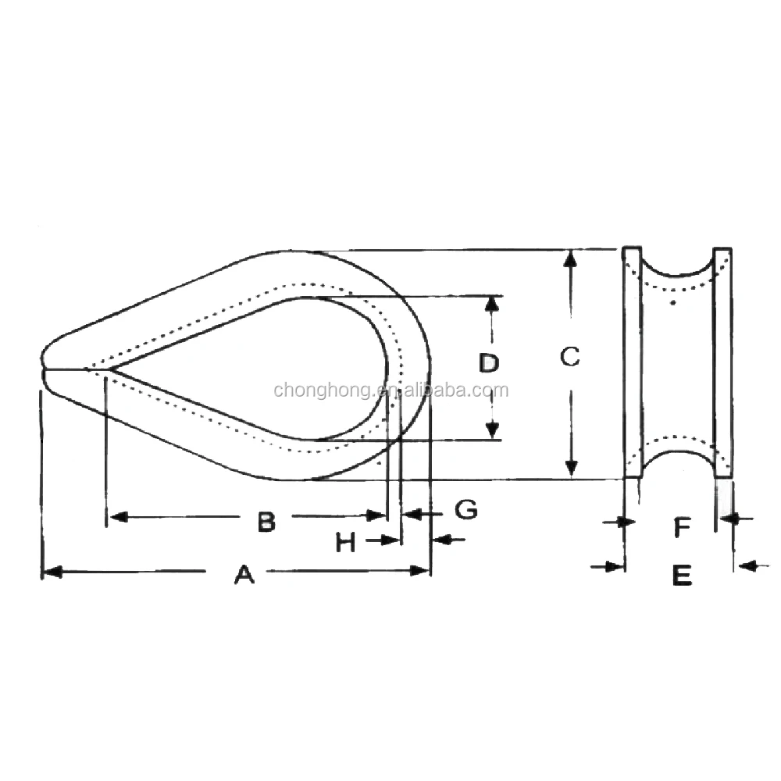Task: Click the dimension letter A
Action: click(x=244, y=576)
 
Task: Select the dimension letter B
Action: click(x=266, y=521)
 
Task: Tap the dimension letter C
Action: click(x=570, y=357)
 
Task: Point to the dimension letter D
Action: click(x=489, y=363)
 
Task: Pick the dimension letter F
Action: click(x=682, y=529)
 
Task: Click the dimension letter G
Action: click(x=465, y=510)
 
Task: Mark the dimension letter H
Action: click(x=345, y=542)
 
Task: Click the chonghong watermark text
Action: click(x=390, y=390)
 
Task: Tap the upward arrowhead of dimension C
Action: click(x=572, y=258)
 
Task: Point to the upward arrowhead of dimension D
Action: click(x=491, y=304)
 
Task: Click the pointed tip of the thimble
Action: click(x=42, y=368)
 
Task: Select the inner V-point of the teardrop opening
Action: click(x=110, y=368)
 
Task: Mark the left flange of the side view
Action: click(x=632, y=363)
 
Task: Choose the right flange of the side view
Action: click(x=723, y=363)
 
